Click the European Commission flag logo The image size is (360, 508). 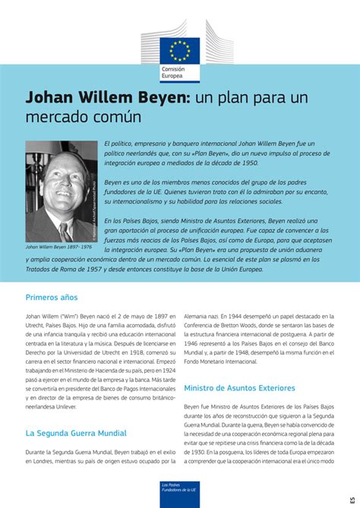coord(180,49)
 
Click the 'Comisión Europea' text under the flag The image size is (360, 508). coord(172,73)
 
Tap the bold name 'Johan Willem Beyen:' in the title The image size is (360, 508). coord(106,99)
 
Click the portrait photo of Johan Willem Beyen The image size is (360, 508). coord(62,191)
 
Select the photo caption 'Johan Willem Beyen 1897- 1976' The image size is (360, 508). coord(58,247)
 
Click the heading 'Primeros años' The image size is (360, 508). coord(52,298)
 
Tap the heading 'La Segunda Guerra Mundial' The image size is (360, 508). coord(76,434)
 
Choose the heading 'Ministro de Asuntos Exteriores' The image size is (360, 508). coord(239,388)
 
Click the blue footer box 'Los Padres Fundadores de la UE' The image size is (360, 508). coord(180,492)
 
